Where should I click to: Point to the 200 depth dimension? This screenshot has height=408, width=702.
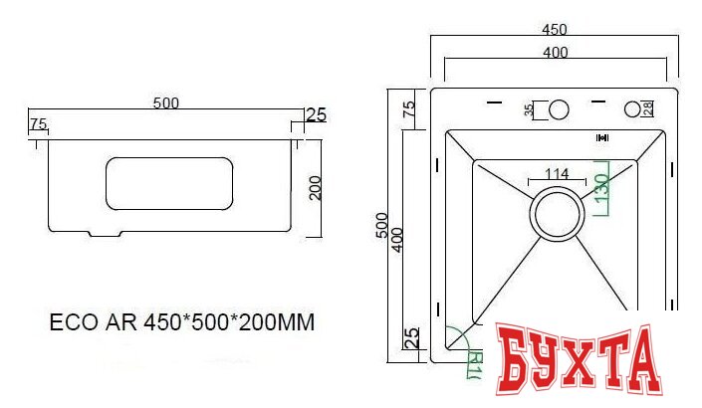316,186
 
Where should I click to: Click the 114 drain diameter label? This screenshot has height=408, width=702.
557,174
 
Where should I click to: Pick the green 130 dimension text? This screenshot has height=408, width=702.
601,189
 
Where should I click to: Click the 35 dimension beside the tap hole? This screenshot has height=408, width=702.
528,109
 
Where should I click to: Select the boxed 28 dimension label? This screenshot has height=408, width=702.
647,108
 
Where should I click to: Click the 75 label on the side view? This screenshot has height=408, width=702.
38,124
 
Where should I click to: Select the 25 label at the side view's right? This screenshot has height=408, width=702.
315,114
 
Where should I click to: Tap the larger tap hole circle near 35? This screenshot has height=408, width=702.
558,108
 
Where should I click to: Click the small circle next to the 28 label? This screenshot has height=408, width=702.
632,108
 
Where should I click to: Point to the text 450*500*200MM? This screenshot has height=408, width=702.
231,323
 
